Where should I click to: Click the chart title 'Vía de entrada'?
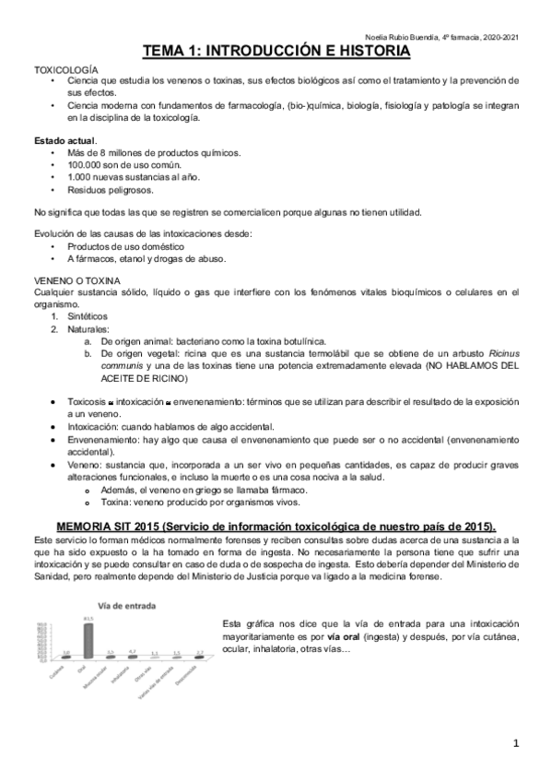pyautogui.click(x=123, y=606)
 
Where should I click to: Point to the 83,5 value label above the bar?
pyautogui.click(x=88, y=618)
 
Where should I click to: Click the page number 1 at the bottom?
pyautogui.click(x=517, y=742)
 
